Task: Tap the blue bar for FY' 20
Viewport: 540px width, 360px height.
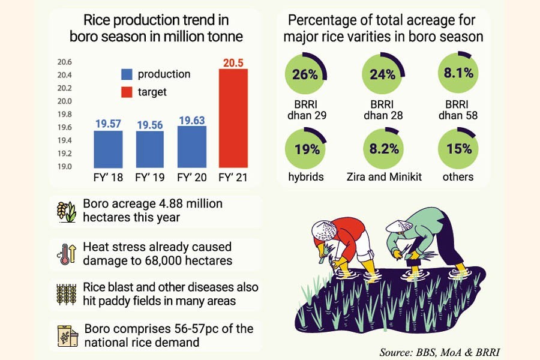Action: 191,146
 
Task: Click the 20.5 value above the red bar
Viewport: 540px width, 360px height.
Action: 233,62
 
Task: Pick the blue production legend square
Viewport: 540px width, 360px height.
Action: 127,74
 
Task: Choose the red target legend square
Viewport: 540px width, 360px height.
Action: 127,92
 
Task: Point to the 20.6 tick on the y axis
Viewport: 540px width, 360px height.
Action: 64,62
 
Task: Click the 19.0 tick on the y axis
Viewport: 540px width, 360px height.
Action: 64,166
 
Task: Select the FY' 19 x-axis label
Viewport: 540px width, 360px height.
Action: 150,178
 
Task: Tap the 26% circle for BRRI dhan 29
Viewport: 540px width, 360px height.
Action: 304,74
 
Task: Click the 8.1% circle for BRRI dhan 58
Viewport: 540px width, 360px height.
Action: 459,74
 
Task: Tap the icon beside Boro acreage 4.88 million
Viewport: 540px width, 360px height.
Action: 67,211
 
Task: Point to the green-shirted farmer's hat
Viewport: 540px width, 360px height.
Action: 399,225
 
